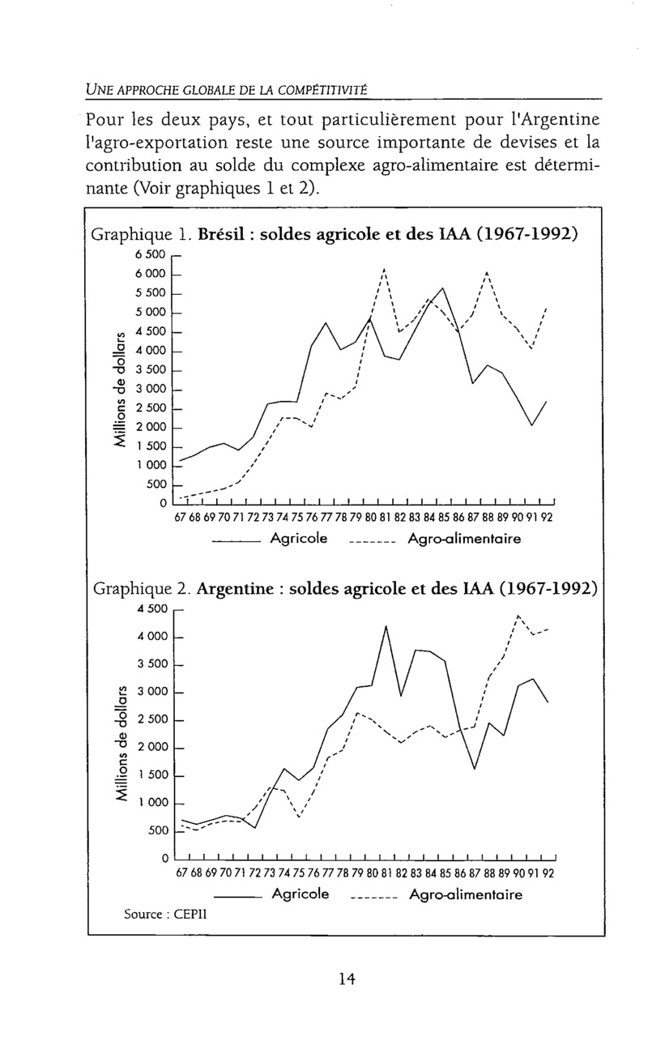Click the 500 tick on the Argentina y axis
[156, 831]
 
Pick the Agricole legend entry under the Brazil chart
[299, 539]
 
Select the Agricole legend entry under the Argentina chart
[301, 895]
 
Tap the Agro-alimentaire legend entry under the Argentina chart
[466, 895]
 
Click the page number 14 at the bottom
[347, 979]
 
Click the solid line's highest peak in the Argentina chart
[386, 626]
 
